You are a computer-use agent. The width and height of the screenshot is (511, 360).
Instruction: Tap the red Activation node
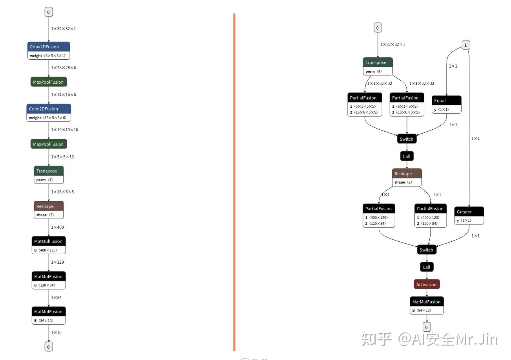point(427,285)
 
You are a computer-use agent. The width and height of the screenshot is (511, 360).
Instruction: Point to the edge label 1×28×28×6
point(64,68)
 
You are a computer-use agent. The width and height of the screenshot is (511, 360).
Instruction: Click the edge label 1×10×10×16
point(64,130)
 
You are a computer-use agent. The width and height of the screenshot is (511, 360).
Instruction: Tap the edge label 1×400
point(57,227)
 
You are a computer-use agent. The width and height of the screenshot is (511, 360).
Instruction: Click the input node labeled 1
point(465,45)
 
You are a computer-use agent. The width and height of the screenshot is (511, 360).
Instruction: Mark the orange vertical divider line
point(234,181)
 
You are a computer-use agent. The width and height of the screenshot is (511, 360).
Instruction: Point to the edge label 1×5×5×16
point(62,157)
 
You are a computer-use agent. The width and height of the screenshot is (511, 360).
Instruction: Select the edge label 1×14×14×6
point(64,95)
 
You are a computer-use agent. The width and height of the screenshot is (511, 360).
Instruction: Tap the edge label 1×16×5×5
point(62,192)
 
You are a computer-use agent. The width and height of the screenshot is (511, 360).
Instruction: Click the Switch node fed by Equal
point(407,139)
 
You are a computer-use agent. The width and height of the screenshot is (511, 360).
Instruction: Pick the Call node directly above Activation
point(427,267)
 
